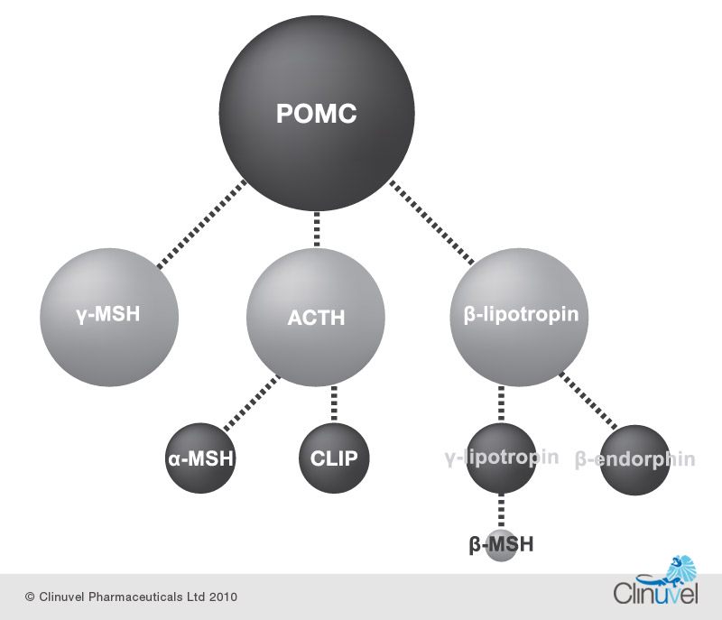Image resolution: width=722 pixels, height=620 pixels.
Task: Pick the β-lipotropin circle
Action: (514, 316)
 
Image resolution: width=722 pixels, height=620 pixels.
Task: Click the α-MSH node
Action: (200, 458)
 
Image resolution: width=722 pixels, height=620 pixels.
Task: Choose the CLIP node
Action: (334, 458)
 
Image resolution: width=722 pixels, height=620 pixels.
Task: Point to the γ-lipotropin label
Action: (502, 458)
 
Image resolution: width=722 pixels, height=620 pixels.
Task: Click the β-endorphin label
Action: (635, 459)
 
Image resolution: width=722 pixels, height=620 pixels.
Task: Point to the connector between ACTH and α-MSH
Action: (251, 403)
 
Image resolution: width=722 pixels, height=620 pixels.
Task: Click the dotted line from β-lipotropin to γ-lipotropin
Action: (502, 403)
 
